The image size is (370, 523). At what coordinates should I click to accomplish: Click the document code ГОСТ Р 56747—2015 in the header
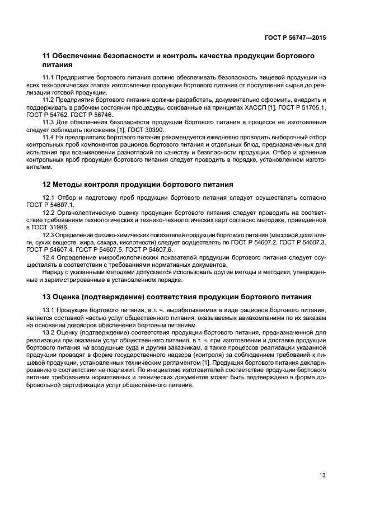(294, 37)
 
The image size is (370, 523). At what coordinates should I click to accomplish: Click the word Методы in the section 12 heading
(73, 184)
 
